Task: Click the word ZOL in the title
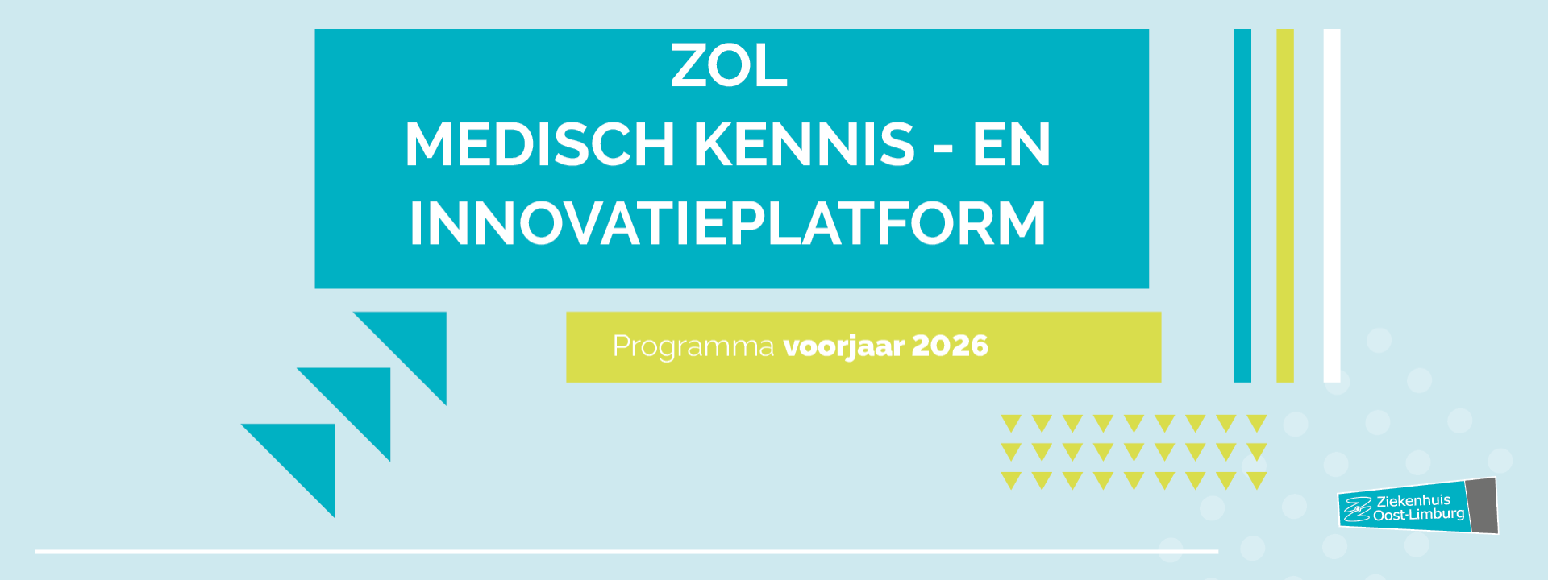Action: point(729,66)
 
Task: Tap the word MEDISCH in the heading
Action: point(539,145)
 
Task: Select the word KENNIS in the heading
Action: point(805,145)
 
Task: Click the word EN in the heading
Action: point(1012,145)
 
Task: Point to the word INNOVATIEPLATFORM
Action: point(728,223)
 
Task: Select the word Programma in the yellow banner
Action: point(693,346)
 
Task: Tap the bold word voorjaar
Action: point(844,346)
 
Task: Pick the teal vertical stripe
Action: point(1242,205)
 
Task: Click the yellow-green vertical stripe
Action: point(1285,205)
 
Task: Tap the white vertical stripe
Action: point(1332,205)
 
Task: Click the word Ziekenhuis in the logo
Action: point(1413,500)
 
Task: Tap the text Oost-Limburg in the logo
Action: point(1419,514)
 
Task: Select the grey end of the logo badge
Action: point(1482,506)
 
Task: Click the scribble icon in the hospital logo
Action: point(1358,509)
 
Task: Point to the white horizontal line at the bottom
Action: point(626,552)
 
